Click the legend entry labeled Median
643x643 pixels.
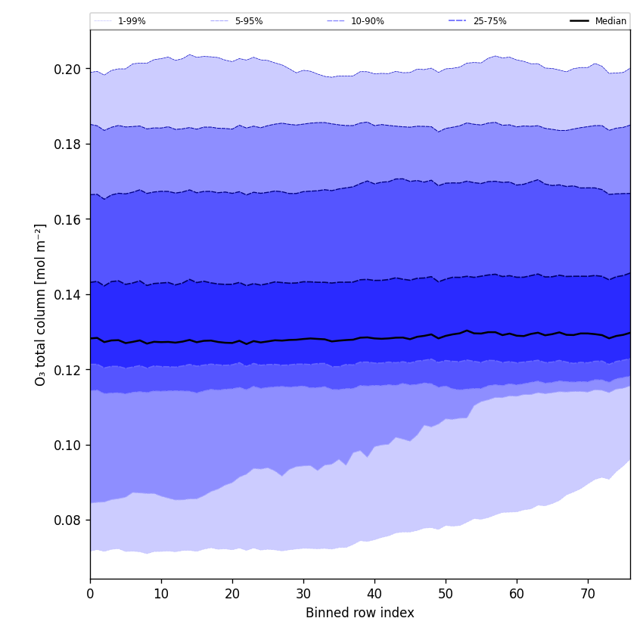610,21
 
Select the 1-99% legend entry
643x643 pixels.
132,21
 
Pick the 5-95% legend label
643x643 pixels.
248,21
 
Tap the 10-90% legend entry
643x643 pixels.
367,21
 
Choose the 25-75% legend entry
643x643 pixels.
489,21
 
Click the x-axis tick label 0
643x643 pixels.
90,594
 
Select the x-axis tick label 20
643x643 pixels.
232,594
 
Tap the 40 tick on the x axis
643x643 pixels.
374,594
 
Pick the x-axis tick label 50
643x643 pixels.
446,594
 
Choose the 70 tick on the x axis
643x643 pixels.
588,594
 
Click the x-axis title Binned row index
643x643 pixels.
360,613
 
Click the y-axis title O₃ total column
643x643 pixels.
41,304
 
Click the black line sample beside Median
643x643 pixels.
580,21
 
